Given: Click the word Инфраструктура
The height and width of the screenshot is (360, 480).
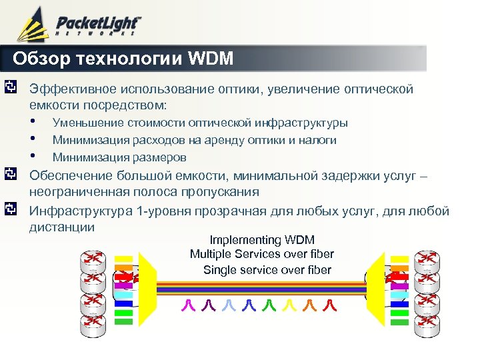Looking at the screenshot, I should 77,211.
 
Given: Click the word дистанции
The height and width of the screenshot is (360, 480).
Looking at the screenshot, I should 61,227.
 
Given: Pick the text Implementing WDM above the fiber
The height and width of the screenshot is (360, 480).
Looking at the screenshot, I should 261,240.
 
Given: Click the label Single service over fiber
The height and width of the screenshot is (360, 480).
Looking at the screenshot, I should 267,270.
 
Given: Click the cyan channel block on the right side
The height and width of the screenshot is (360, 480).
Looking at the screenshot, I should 399,294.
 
